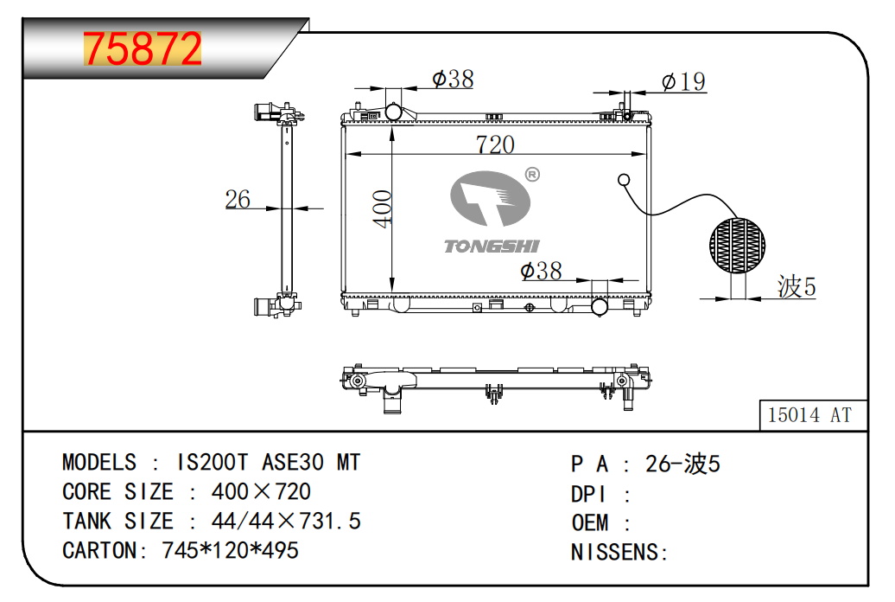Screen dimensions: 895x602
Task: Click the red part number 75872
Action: (143, 48)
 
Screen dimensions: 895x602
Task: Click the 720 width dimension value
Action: (495, 144)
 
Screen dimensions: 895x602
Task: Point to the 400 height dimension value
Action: (382, 208)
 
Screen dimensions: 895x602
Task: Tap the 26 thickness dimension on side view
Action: (238, 199)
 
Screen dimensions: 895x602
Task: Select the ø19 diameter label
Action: (683, 81)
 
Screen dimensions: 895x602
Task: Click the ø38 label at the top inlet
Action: (453, 79)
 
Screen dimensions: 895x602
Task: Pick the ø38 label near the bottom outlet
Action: (541, 271)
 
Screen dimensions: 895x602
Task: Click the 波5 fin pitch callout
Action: (797, 285)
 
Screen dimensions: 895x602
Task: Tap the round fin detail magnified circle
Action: (737, 246)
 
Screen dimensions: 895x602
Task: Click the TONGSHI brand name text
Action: (492, 247)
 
